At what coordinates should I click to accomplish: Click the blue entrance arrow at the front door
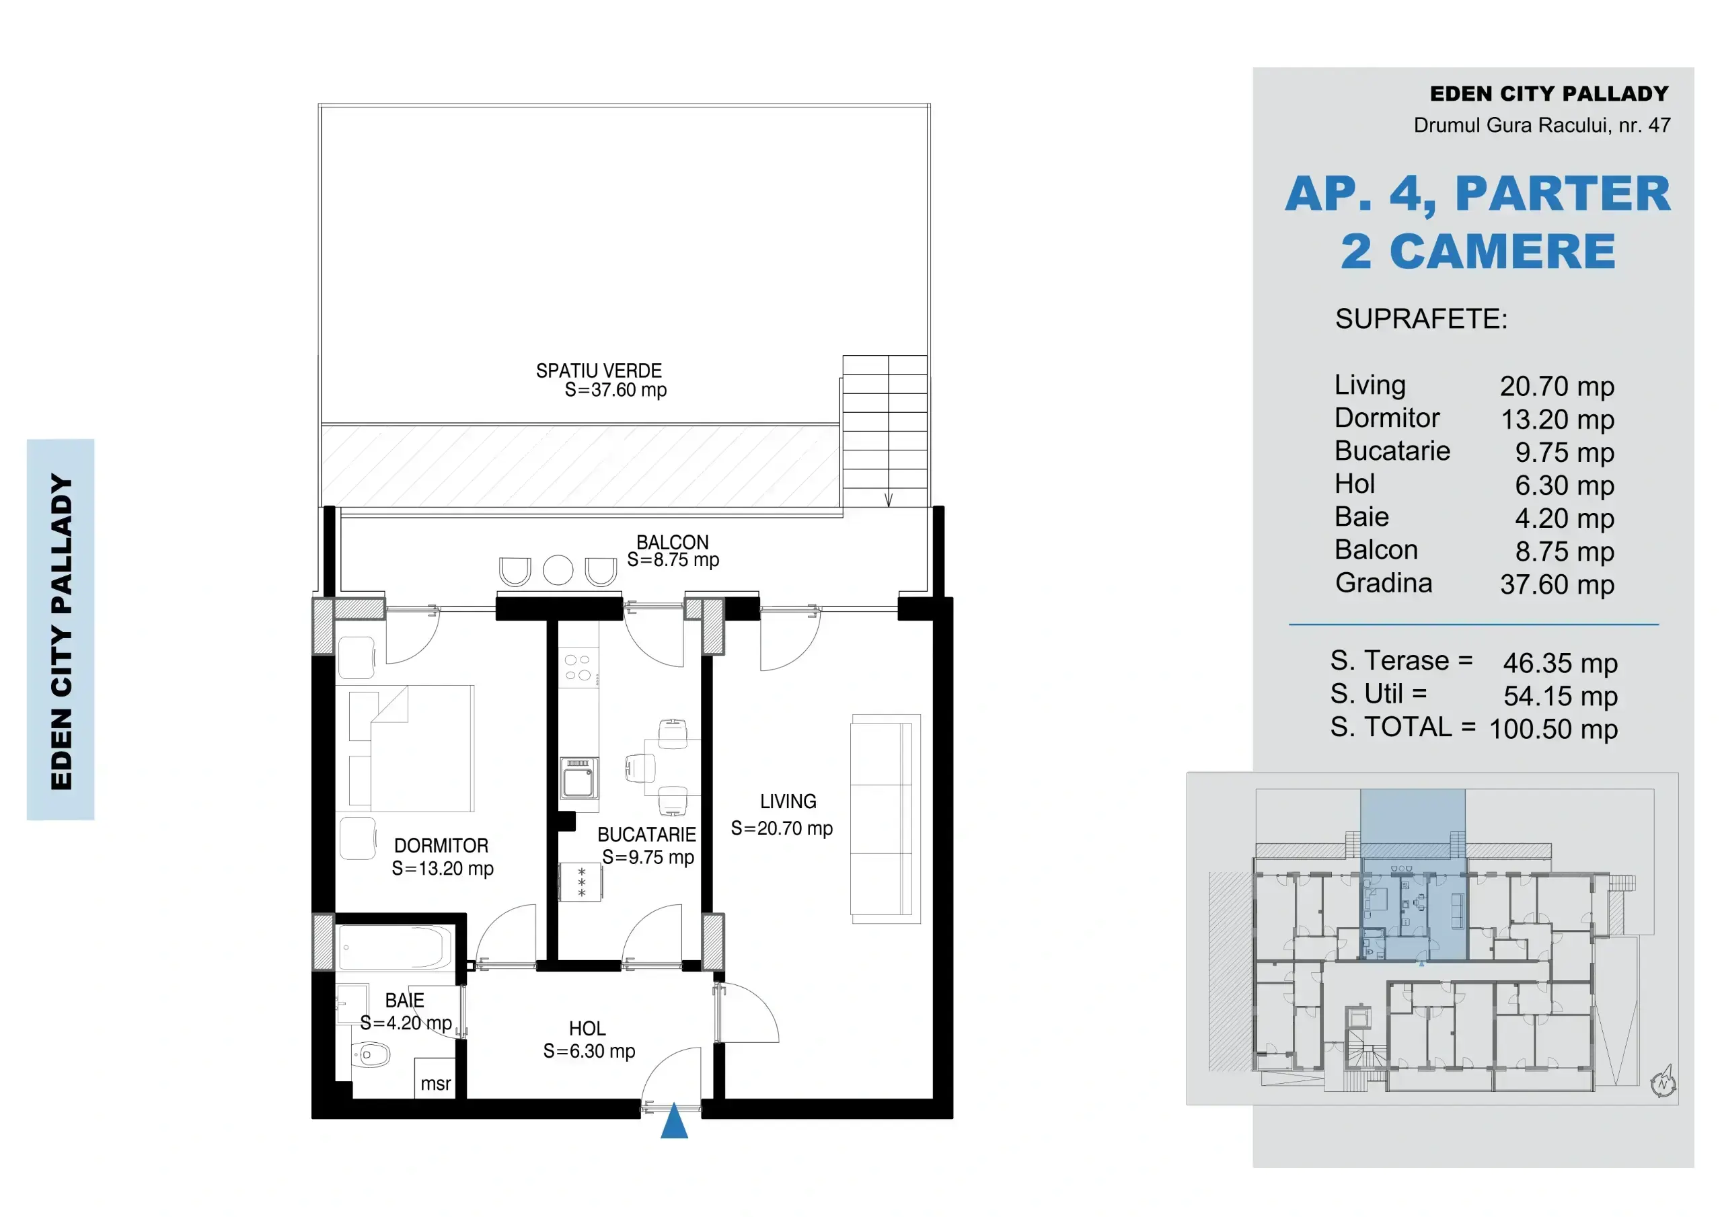674,1120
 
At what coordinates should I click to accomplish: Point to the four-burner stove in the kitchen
578,668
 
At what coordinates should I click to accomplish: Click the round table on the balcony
558,570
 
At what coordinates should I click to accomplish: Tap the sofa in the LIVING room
885,818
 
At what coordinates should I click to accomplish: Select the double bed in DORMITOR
412,748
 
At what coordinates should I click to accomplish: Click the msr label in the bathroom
436,1083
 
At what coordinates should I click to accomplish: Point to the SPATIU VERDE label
599,370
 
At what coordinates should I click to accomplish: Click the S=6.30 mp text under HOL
589,1052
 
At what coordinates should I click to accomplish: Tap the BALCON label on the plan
672,542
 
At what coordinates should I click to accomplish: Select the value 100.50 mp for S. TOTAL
1553,729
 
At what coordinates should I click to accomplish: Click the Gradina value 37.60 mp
1557,584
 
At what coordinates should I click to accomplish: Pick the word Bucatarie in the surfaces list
1392,450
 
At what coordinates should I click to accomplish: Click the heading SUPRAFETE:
1421,319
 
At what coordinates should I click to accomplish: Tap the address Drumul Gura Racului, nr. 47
1542,124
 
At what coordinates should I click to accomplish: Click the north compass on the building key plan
1663,1082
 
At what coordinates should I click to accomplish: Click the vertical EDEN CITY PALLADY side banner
61,629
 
